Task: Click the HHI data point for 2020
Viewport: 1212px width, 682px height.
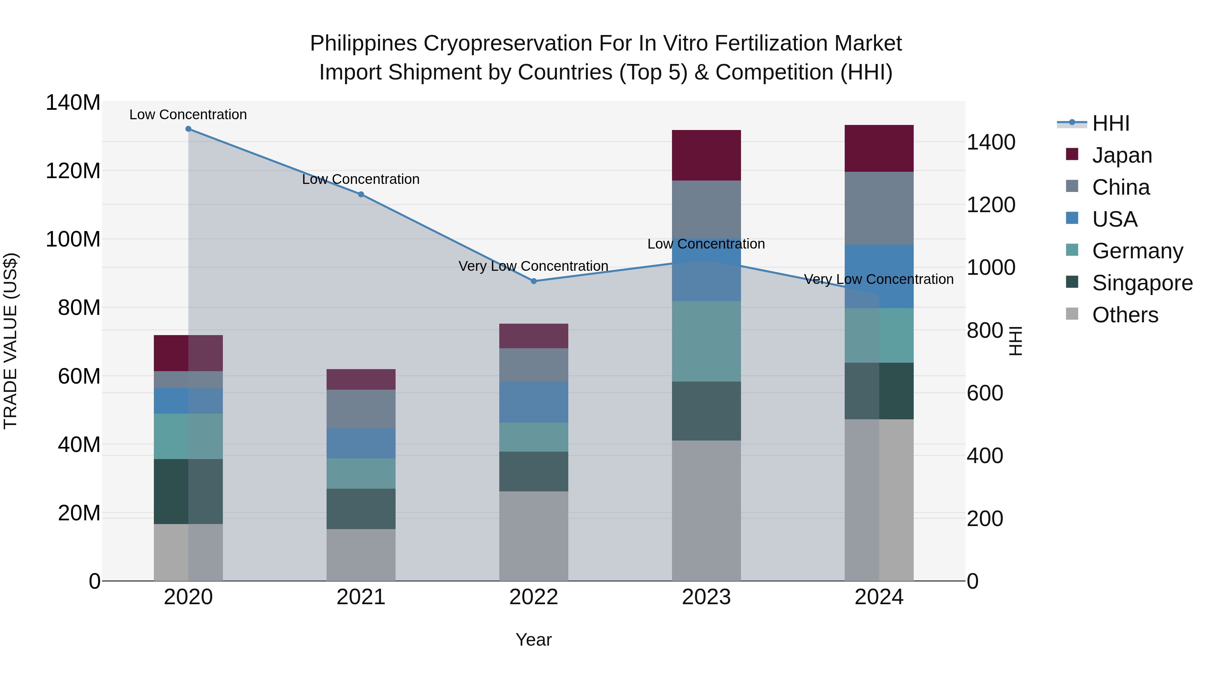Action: click(x=188, y=129)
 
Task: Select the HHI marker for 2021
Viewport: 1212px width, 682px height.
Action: click(x=361, y=194)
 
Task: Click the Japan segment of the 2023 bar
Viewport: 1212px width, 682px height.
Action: click(x=706, y=155)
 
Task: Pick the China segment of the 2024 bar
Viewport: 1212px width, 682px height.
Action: click(x=879, y=208)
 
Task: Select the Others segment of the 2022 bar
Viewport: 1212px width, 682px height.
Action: click(x=534, y=536)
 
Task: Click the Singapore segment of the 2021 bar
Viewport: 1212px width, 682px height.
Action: click(x=361, y=509)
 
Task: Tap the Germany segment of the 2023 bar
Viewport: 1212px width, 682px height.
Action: click(x=706, y=341)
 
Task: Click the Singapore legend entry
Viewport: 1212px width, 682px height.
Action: click(x=1142, y=283)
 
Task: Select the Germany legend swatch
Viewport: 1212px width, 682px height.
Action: click(x=1072, y=250)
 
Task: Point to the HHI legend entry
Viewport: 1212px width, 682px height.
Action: click(x=1110, y=123)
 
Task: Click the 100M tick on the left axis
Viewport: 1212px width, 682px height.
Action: click(x=73, y=239)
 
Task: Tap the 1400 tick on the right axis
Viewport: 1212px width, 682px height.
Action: click(x=991, y=142)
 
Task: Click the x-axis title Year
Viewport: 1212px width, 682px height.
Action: click(x=534, y=640)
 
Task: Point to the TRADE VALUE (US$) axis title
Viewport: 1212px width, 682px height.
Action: click(x=10, y=341)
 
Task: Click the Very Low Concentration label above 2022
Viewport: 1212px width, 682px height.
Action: click(x=534, y=266)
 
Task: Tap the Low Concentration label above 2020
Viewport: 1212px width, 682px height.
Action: click(x=188, y=115)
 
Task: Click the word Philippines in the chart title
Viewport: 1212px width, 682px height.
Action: click(x=363, y=43)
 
